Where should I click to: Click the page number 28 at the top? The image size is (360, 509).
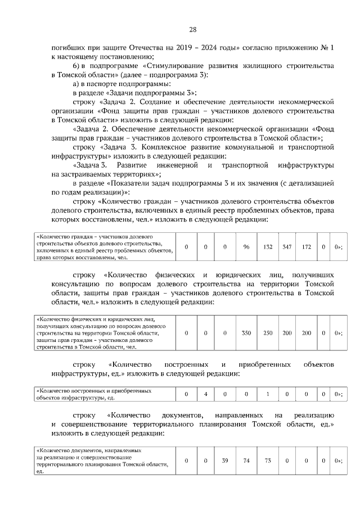click(x=192, y=30)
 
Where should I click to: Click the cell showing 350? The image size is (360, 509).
click(x=246, y=333)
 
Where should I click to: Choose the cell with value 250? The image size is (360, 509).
click(x=268, y=333)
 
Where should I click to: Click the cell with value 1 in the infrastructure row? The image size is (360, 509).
click(x=268, y=394)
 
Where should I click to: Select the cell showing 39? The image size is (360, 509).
click(x=224, y=461)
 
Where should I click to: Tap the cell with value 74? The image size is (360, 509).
click(x=246, y=461)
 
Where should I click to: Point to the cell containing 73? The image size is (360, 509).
click(x=268, y=461)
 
